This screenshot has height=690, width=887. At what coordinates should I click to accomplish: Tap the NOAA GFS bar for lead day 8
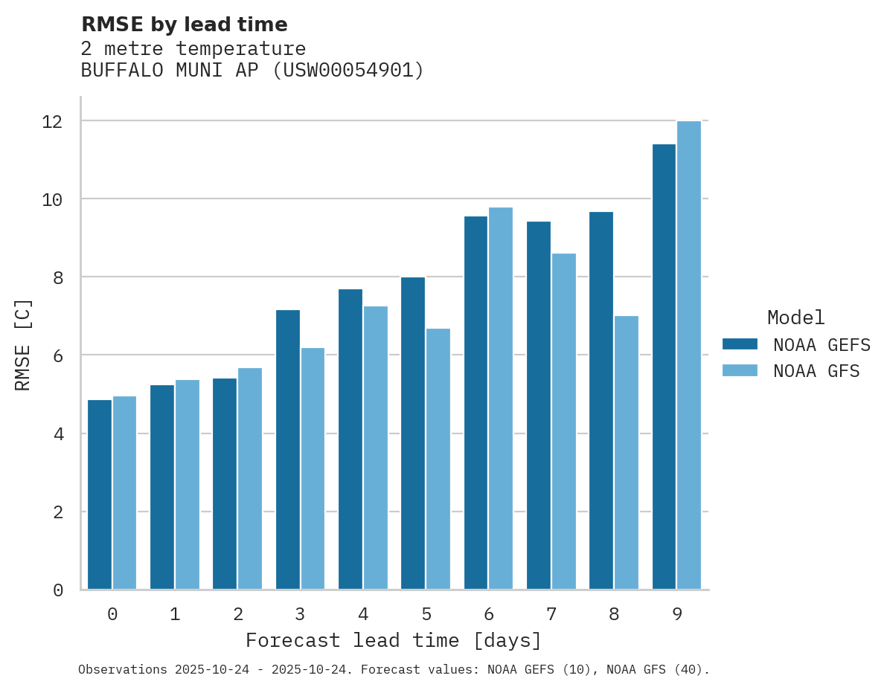click(x=626, y=453)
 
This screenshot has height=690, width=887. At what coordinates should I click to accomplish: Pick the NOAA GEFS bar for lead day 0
click(x=100, y=494)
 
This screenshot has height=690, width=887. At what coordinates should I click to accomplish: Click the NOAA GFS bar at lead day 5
click(x=438, y=459)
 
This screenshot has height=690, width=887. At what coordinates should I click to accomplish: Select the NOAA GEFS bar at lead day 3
click(x=288, y=450)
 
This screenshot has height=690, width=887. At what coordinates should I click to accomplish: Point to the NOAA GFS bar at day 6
click(x=501, y=399)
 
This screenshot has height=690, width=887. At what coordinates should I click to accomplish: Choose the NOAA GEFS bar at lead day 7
click(x=539, y=405)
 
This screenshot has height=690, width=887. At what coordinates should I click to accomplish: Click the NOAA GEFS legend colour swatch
click(x=740, y=344)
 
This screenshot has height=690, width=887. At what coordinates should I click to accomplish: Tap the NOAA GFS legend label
click(x=816, y=371)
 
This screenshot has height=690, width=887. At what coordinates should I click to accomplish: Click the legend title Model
click(x=796, y=317)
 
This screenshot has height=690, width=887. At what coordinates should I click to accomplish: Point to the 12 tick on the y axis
click(x=52, y=121)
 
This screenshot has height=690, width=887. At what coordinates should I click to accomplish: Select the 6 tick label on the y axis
click(x=58, y=355)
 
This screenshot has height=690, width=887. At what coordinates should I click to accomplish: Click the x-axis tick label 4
click(x=363, y=615)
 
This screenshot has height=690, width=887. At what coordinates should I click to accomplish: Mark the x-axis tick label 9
click(x=676, y=615)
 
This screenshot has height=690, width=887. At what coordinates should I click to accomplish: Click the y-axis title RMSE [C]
click(x=24, y=344)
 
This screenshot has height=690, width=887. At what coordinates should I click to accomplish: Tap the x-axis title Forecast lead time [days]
click(x=394, y=640)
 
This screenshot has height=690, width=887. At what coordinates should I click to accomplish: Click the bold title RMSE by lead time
click(x=184, y=25)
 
